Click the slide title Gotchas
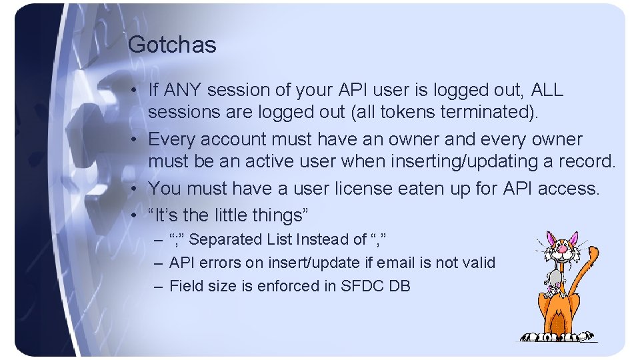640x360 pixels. tap(172, 45)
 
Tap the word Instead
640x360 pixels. tap(323, 239)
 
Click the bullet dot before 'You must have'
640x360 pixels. tap(135, 189)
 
